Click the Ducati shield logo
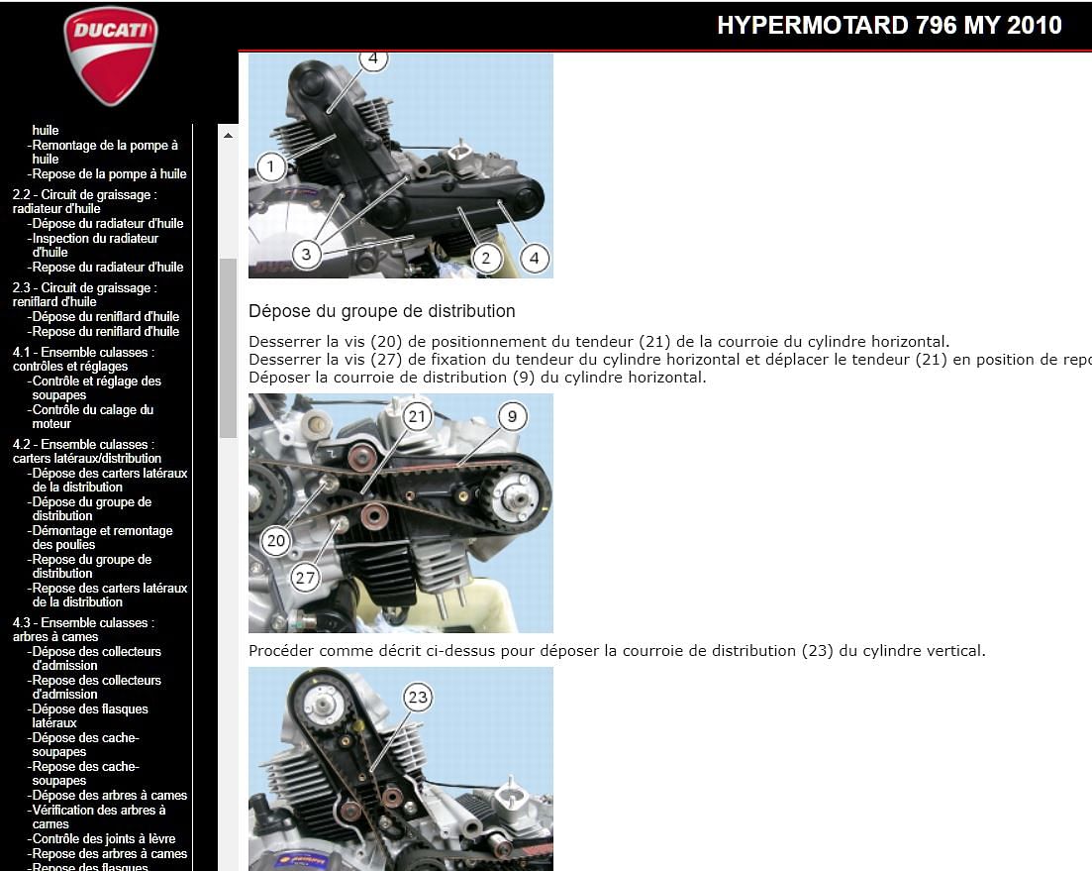click(110, 56)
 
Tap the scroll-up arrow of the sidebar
click(228, 135)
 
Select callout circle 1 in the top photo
click(270, 165)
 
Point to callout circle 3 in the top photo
click(306, 255)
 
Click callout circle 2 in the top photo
click(485, 259)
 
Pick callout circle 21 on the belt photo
click(417, 416)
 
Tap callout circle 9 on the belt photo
click(512, 416)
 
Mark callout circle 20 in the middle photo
click(276, 540)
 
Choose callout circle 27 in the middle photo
click(305, 578)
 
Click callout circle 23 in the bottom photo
click(418, 698)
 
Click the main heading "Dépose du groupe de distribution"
click(381, 311)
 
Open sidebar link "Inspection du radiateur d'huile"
click(95, 245)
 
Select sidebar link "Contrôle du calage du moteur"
click(92, 416)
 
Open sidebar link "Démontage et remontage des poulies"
click(102, 537)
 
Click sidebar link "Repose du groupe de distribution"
click(91, 566)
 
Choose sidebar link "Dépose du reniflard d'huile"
click(105, 317)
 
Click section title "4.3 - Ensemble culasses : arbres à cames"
click(83, 629)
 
